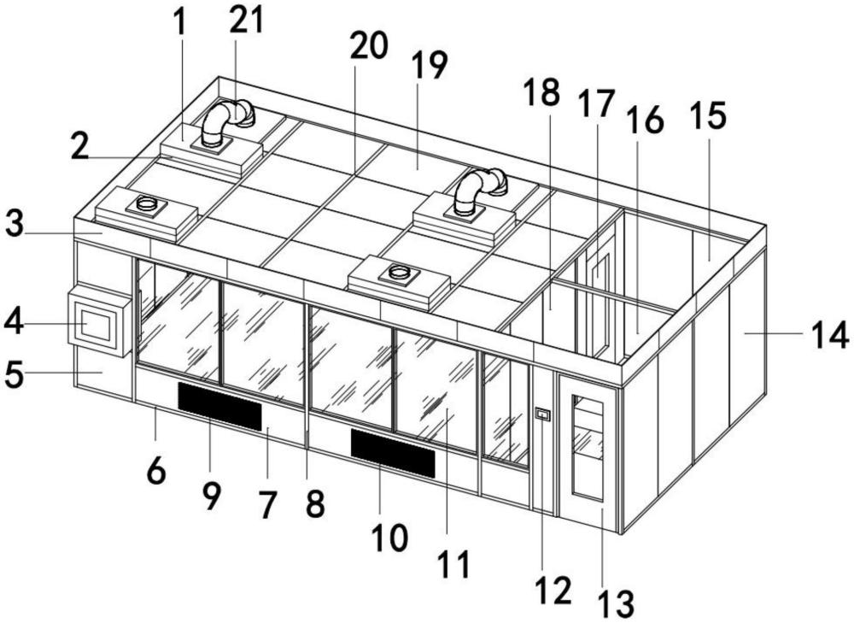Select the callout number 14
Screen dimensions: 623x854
coord(831,334)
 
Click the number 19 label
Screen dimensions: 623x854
coord(430,66)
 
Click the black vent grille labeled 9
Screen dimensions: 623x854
coord(219,406)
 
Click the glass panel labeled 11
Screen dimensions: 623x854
coord(436,389)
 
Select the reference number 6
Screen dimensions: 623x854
coord(155,468)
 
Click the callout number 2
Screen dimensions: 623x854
coord(79,146)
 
